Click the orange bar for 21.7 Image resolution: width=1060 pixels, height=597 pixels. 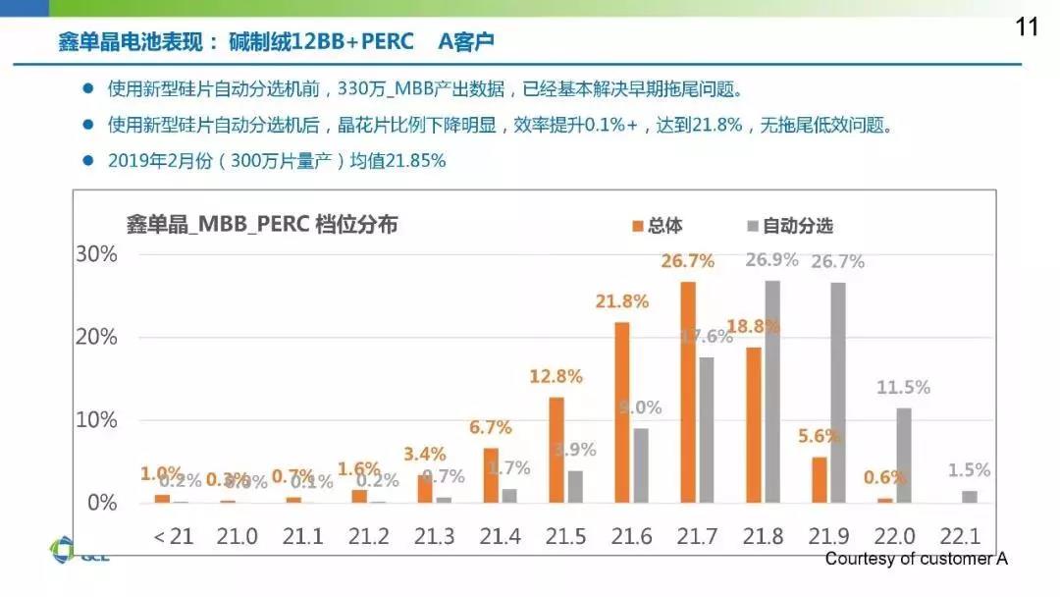688,393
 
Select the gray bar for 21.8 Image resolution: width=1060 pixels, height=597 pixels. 772,392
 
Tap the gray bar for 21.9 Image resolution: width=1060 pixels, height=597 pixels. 838,393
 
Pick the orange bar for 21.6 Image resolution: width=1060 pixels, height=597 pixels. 622,412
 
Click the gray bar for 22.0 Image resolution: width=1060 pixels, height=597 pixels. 904,456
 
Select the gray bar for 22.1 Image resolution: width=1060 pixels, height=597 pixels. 970,497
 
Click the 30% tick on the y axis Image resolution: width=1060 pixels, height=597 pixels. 96,254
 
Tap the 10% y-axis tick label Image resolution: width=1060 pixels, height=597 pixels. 96,420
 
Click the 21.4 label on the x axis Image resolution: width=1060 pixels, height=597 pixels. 499,537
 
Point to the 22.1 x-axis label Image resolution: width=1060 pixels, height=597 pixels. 960,537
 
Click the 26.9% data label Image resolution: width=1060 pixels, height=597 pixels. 772,260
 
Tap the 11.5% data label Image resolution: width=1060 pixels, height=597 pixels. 903,388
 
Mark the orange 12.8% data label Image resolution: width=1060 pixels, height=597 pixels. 556,376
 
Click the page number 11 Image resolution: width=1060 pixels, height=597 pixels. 1027,27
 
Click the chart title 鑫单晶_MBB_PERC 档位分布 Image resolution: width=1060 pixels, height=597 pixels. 262,225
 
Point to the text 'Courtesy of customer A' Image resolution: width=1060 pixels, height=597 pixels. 916,559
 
